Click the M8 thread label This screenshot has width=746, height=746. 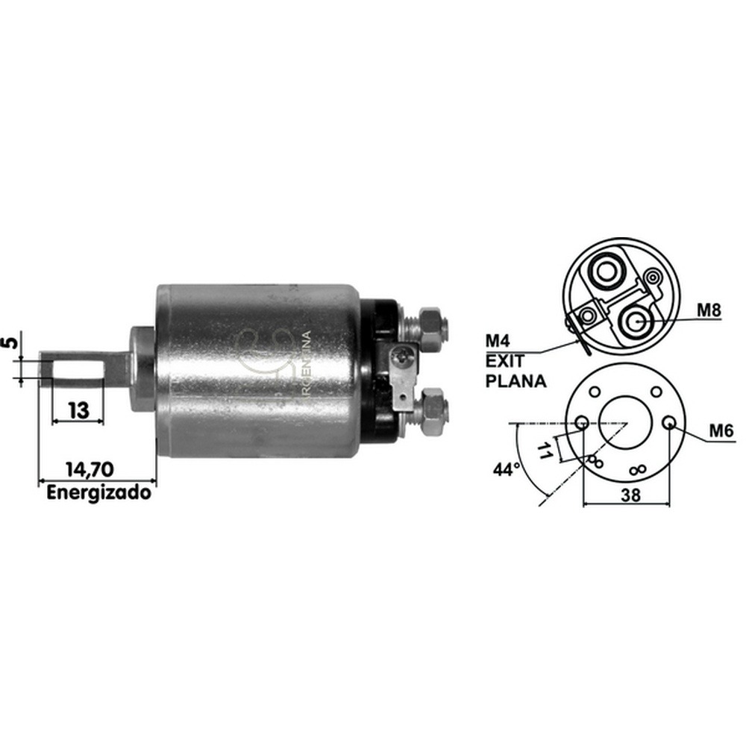(x=709, y=310)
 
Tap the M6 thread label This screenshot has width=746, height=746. (x=721, y=431)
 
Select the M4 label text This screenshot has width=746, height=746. (x=497, y=341)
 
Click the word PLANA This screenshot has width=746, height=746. (x=515, y=381)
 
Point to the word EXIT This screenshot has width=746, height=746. (x=504, y=361)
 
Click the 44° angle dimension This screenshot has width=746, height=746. (x=507, y=469)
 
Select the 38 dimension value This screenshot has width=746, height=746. (x=631, y=495)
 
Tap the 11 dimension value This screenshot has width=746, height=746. (x=545, y=450)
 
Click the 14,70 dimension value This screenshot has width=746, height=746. (x=90, y=469)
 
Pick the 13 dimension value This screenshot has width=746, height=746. (x=78, y=410)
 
